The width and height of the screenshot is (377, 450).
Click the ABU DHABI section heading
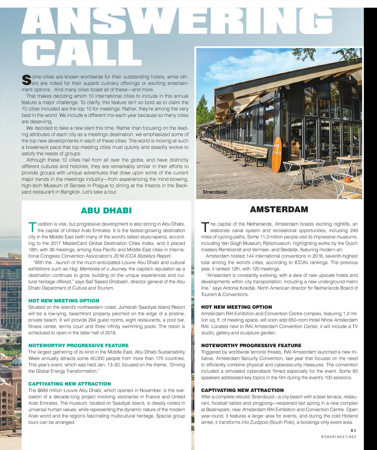[106, 211]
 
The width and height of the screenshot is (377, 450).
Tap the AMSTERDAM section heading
[279, 209]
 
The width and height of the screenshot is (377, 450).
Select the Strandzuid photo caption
[214, 192]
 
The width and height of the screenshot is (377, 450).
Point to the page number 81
[353, 431]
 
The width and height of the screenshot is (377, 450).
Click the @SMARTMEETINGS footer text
[339, 437]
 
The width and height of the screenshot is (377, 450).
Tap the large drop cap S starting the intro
[26, 80]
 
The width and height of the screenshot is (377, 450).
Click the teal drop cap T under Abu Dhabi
[32, 227]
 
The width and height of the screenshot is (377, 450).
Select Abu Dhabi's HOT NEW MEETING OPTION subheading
[64, 301]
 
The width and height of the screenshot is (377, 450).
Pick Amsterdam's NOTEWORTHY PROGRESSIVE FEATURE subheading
[251, 345]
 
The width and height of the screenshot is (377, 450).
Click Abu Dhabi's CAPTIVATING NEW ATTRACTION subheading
[69, 384]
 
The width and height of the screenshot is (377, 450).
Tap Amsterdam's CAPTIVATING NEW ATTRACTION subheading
[242, 390]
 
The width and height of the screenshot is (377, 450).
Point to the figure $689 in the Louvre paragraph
[43, 390]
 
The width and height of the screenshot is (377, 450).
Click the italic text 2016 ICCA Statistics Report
[142, 256]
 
